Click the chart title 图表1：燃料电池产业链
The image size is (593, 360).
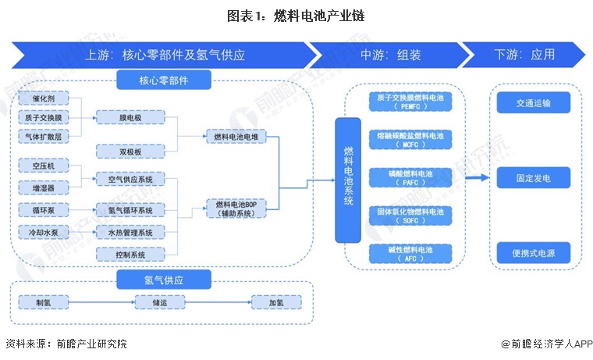[x=296, y=15]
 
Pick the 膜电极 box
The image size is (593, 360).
[x=130, y=117]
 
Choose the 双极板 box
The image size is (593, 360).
[x=130, y=151]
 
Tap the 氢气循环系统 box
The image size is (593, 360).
[x=130, y=211]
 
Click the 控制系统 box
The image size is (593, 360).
[x=130, y=255]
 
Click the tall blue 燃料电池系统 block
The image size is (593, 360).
[x=348, y=180]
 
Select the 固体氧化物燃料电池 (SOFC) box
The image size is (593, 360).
[x=410, y=216]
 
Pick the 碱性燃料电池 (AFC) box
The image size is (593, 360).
[x=410, y=253]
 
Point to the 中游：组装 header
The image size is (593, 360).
[x=390, y=55]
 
